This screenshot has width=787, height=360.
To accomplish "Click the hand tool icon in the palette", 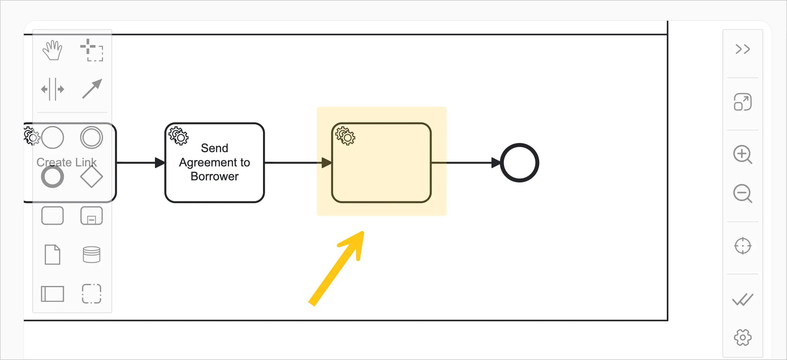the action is [x=52, y=50].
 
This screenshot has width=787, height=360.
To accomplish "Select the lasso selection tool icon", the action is [x=91, y=50].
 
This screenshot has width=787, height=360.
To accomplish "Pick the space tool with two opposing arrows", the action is [x=52, y=89].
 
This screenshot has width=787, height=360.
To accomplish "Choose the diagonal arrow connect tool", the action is [x=92, y=89].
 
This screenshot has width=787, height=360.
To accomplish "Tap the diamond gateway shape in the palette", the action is [x=91, y=177].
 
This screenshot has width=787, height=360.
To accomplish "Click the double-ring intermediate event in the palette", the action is [x=91, y=138].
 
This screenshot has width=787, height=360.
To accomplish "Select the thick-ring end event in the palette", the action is [x=52, y=177].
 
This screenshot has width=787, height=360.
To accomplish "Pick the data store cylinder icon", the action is [x=91, y=255].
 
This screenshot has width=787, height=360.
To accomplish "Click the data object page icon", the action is [x=52, y=255].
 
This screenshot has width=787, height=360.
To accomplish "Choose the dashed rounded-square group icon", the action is [x=91, y=294].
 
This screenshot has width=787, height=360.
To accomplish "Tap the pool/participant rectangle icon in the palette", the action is [x=52, y=294].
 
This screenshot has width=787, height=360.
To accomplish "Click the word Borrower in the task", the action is [x=214, y=177].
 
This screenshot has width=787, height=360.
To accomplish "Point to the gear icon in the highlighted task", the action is [x=345, y=136].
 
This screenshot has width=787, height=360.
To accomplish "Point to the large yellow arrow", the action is [x=336, y=268].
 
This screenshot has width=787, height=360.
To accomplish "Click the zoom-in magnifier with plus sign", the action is [x=742, y=155].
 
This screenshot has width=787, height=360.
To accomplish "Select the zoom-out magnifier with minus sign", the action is [x=742, y=194].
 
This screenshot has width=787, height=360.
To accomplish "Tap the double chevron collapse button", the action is [x=742, y=49].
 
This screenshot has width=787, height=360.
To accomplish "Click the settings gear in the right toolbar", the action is [x=742, y=337].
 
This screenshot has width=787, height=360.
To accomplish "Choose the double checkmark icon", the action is [x=742, y=300].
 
